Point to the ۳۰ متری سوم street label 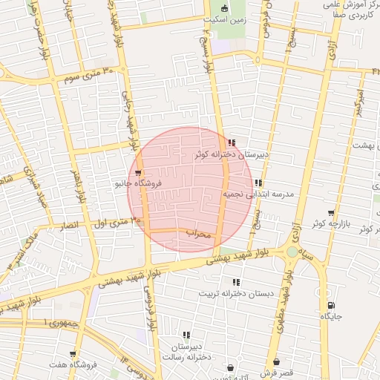[89, 75]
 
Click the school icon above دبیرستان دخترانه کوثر [232, 142]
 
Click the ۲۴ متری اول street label [117, 220]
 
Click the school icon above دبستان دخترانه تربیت [236, 283]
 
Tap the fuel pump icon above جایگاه [330, 305]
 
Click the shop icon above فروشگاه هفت [72, 354]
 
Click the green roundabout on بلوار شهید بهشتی [293, 252]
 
